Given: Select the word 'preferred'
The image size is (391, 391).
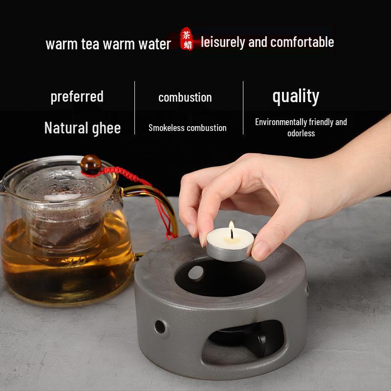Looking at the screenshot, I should (77, 96).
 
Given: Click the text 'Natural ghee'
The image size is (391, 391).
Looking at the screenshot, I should (82, 128).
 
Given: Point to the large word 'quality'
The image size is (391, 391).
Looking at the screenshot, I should (296, 96).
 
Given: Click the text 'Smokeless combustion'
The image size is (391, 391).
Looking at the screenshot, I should (187, 128).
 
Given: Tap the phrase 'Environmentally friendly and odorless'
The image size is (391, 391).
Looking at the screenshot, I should (301, 128).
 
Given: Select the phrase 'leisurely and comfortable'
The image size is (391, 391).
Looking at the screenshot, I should (267, 42).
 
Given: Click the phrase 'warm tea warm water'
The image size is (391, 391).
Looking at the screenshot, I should (108, 43).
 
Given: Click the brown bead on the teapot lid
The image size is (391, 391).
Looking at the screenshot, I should (89, 164).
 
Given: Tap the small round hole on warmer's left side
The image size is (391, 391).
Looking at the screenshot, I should (160, 325).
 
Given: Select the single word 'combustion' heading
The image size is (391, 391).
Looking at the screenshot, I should (185, 97).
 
